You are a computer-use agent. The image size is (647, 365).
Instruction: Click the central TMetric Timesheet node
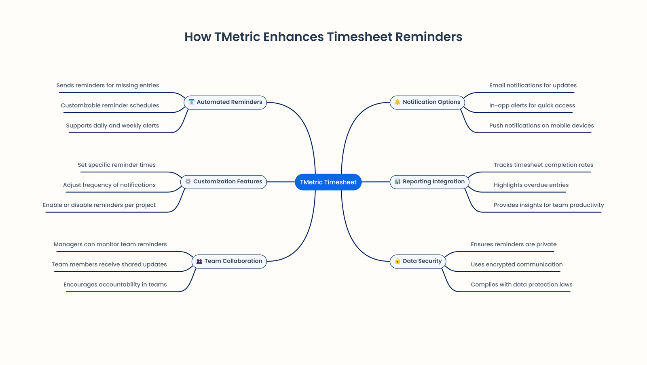[328, 182]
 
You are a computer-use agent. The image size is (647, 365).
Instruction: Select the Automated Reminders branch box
[225, 102]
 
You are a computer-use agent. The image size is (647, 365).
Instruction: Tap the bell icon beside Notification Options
[398, 102]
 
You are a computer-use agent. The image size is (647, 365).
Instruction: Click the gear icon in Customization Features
[188, 182]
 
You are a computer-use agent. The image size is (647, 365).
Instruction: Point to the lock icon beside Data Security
[398, 261]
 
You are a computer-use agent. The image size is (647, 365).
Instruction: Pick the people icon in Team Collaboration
[199, 261]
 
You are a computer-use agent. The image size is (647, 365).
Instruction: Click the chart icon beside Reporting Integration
[398, 182]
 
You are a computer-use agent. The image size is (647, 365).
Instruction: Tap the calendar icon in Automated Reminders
[191, 102]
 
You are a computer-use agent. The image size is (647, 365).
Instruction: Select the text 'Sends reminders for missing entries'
[108, 85]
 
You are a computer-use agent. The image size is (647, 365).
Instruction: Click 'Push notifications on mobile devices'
[541, 126]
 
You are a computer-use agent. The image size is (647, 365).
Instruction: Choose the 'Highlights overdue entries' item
[531, 185]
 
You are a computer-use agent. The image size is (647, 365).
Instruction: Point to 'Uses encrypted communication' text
[516, 264]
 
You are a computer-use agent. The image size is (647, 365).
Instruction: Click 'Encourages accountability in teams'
[115, 285]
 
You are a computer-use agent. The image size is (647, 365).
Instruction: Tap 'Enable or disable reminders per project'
[99, 205]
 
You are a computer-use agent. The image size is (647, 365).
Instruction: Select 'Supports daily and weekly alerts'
[112, 126]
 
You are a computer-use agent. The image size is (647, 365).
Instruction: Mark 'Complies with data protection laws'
[521, 285]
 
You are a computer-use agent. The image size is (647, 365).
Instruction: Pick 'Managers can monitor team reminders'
[110, 244]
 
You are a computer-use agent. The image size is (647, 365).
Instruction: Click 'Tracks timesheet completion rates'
[543, 165]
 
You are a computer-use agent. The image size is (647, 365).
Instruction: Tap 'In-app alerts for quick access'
[532, 105]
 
